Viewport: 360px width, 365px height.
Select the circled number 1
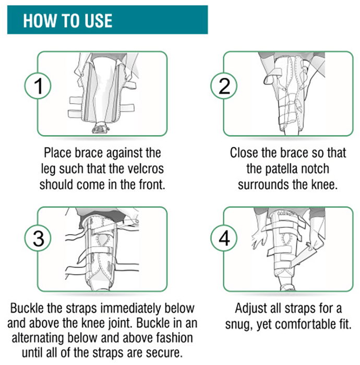point(38,86)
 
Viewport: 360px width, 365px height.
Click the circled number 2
point(224,86)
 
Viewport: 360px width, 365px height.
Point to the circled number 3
point(38,238)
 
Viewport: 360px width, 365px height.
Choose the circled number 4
point(224,238)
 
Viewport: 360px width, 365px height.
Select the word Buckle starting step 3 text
point(27,308)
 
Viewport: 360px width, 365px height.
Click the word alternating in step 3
point(38,338)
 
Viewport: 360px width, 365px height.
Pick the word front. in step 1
point(152,185)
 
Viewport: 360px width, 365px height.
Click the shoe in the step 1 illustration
point(101,128)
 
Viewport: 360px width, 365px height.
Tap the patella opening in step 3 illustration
point(102,241)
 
